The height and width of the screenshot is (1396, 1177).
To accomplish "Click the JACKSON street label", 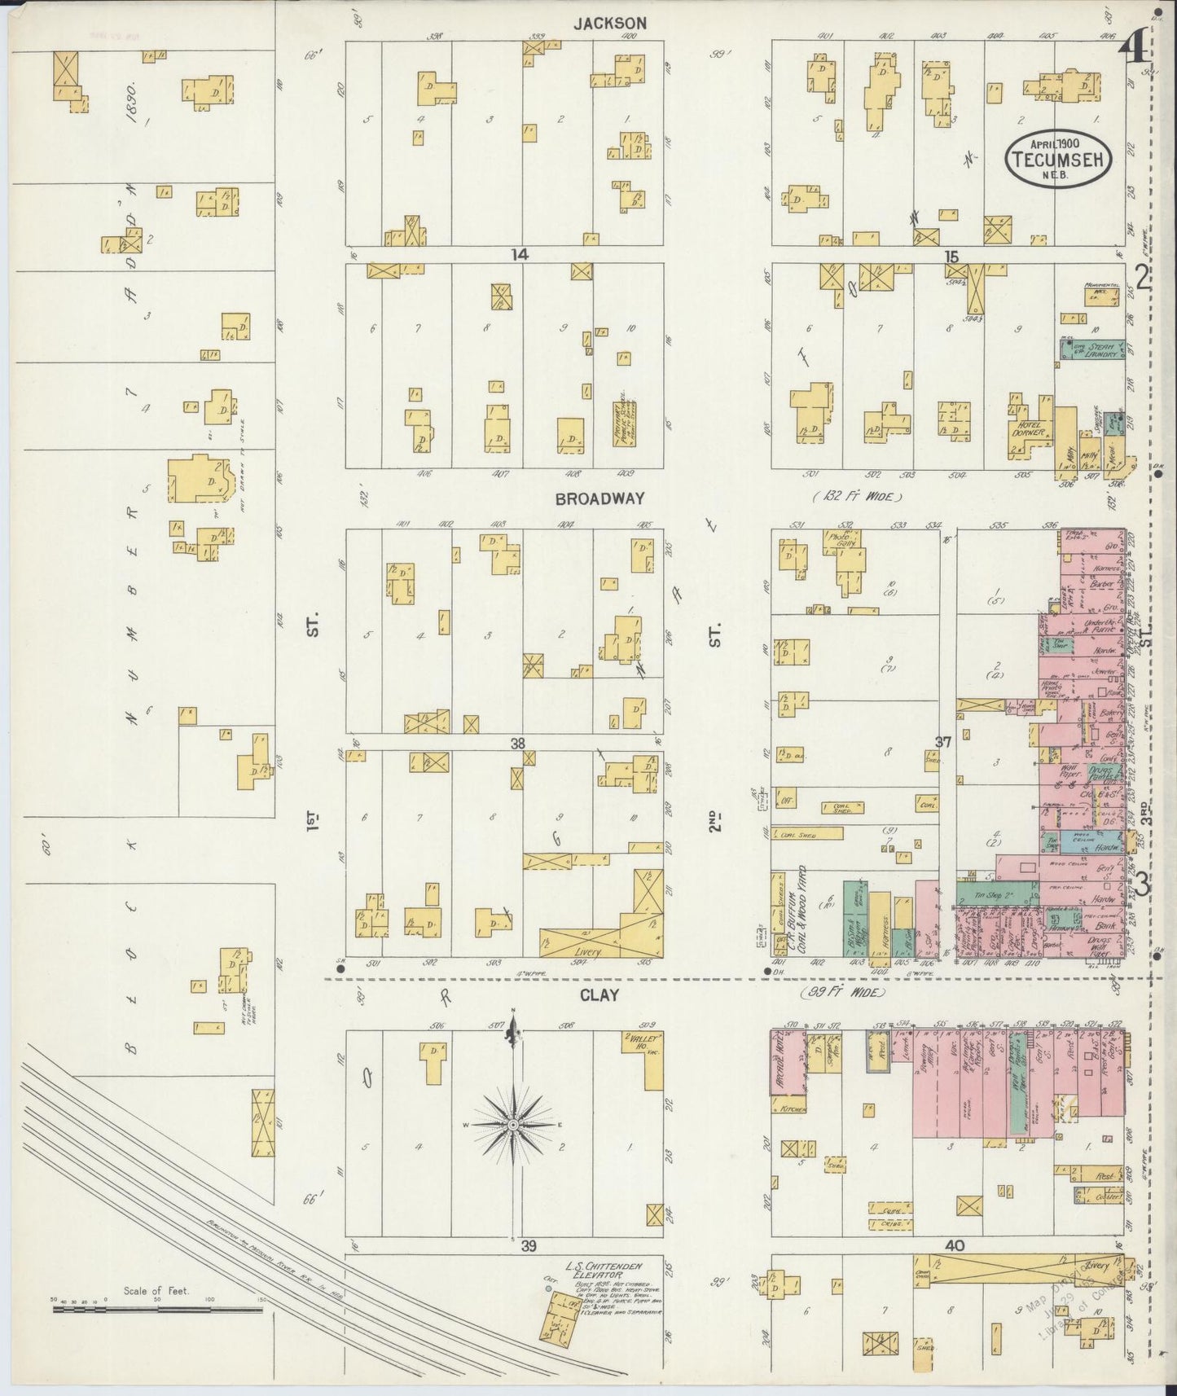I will (609, 24).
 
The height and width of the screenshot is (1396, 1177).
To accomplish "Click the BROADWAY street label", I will (599, 498).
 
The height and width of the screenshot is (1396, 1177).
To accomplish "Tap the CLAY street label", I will (599, 994).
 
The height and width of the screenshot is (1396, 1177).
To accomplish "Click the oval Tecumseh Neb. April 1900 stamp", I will (1059, 158).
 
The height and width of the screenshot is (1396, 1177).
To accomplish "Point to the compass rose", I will (513, 1124).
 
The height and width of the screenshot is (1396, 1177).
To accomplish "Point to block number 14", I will (520, 255).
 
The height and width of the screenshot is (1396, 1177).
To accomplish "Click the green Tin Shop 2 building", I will (997, 895).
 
